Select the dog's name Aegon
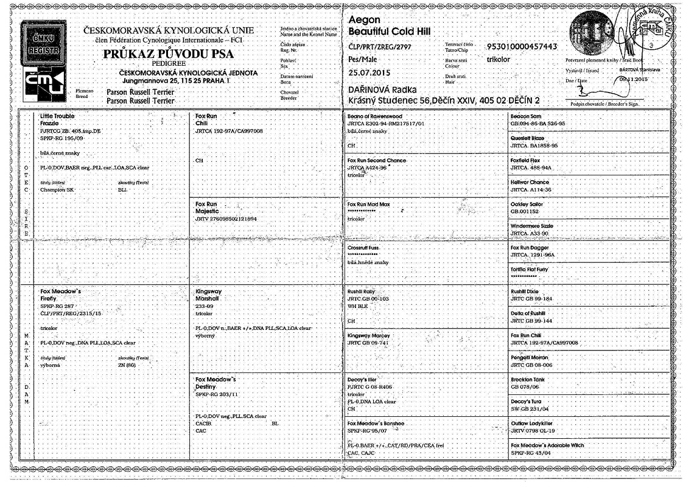[x=363, y=20]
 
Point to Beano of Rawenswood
[x=375, y=116]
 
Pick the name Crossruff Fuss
[x=365, y=248]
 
